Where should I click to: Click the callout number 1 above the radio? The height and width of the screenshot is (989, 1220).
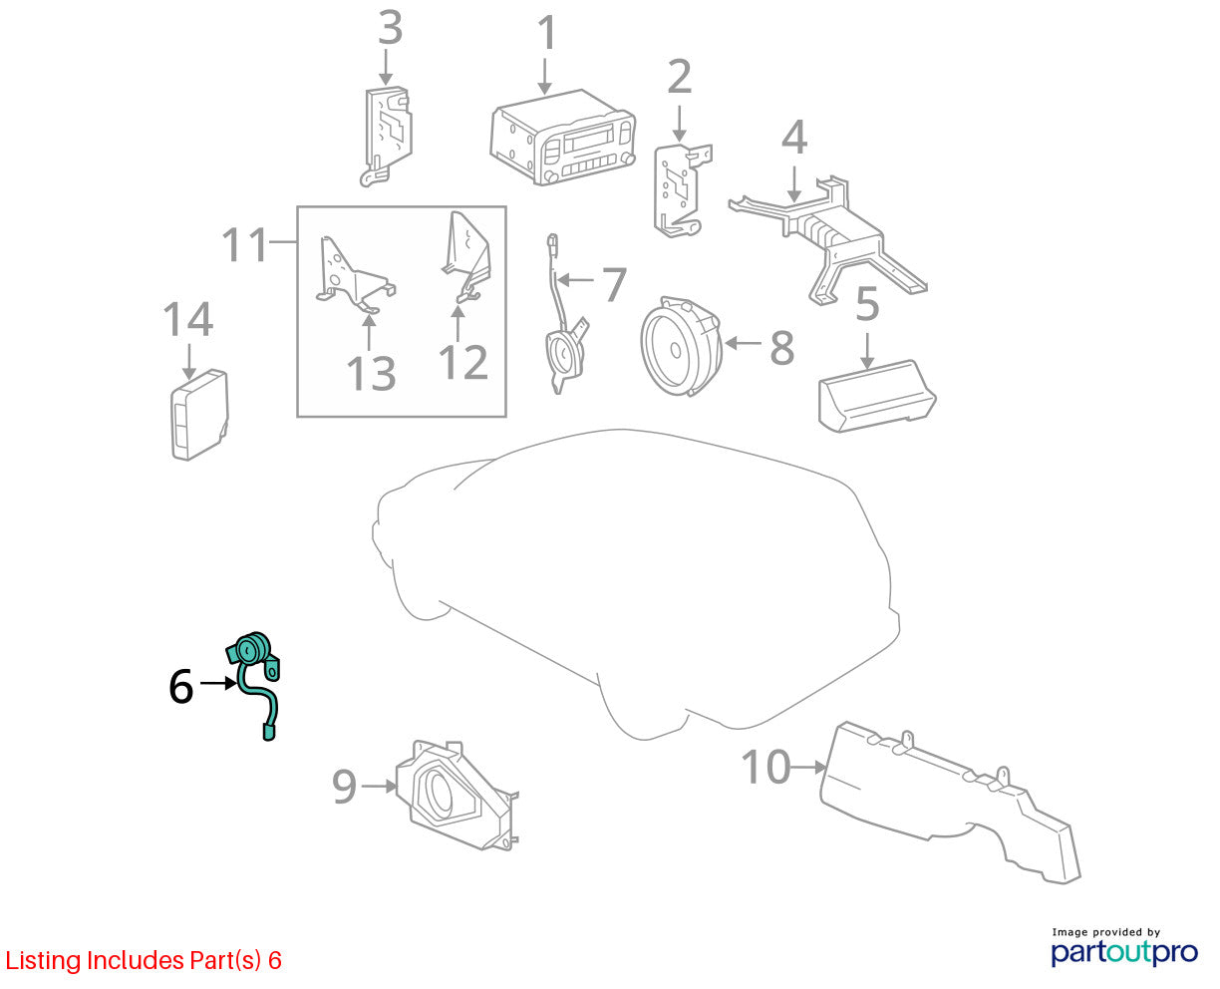tap(547, 33)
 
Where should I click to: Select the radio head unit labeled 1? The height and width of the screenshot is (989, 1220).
tap(562, 137)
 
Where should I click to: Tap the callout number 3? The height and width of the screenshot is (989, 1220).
tap(390, 28)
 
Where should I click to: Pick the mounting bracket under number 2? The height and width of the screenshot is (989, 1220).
tap(682, 190)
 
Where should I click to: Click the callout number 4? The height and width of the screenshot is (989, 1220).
tap(794, 137)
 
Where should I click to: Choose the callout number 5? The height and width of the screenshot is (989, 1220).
tap(866, 304)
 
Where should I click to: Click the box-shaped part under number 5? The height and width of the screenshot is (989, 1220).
tap(876, 396)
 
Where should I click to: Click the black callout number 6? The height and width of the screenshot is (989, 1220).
tap(181, 687)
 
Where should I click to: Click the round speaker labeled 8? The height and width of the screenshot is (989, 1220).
tap(681, 346)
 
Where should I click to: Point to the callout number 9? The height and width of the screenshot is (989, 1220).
tap(344, 788)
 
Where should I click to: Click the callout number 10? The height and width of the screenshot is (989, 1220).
tap(765, 767)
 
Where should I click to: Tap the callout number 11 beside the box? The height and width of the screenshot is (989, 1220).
tap(244, 244)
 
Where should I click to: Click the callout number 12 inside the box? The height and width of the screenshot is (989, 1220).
tap(462, 363)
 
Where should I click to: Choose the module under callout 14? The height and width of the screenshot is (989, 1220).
tap(199, 415)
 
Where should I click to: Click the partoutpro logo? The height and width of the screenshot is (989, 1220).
tap(1123, 952)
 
